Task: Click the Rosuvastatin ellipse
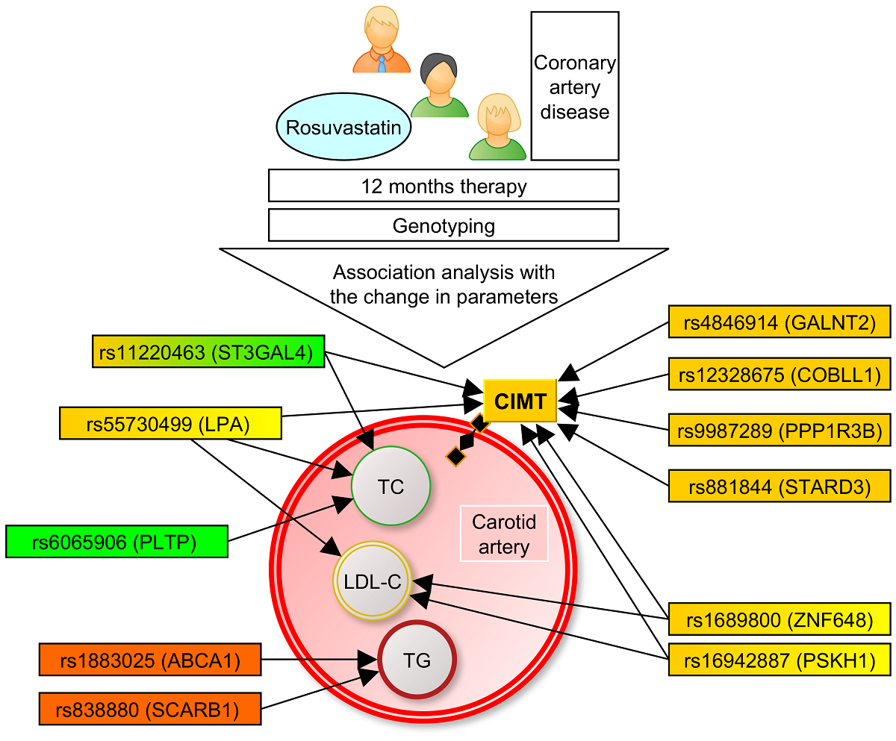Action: coord(343,128)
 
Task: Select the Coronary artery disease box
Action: coord(574,87)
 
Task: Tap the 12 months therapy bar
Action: coord(444,185)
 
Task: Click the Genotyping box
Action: coord(444,225)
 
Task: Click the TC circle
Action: coord(391,487)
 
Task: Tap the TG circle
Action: coord(417,660)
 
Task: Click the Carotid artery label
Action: coord(504,535)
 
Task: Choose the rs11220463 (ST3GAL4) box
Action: coord(208,352)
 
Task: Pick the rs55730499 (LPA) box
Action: coord(170,423)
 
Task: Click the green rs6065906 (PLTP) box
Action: coord(116,541)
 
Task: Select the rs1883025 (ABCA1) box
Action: coord(149,660)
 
